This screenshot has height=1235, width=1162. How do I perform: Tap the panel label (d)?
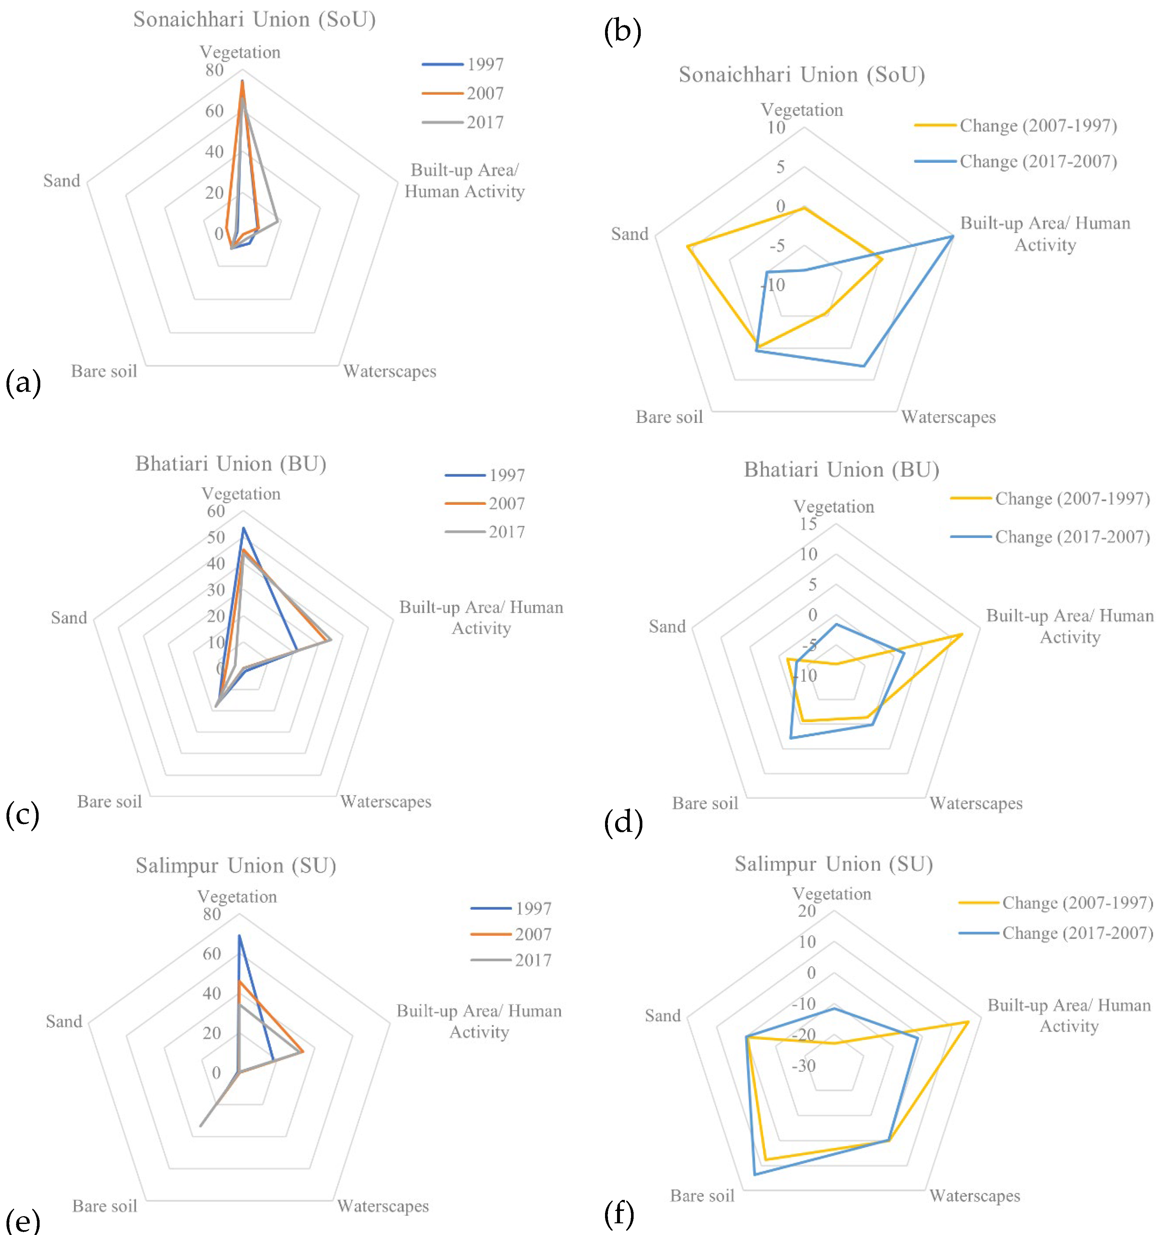point(623,822)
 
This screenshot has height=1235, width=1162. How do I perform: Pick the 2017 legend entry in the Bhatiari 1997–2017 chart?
point(485,532)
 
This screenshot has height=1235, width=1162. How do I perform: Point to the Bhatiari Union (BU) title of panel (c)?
point(230,464)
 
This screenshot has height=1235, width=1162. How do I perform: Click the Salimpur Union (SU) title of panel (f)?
point(833,863)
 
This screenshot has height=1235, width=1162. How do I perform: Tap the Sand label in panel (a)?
point(61,181)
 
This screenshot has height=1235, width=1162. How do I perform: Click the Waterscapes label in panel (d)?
point(976,803)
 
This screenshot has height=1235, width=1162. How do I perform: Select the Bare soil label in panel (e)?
point(104,1206)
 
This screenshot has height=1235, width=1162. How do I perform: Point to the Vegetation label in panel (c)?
point(241,494)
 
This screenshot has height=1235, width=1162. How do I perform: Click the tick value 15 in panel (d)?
point(808,524)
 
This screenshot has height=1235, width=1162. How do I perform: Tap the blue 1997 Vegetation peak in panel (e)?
point(239,936)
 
